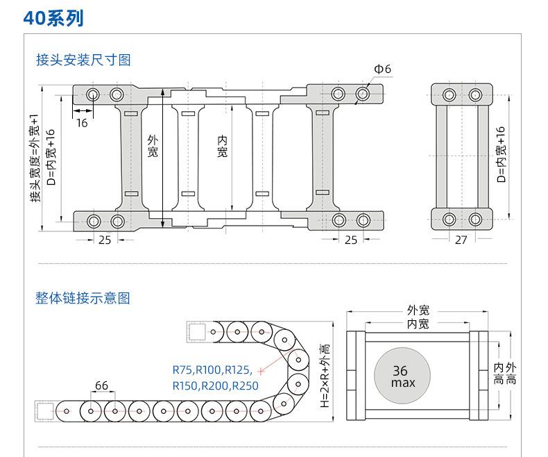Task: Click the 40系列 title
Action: [x=53, y=18]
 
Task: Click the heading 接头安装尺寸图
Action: [x=83, y=60]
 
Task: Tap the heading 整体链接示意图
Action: [x=83, y=299]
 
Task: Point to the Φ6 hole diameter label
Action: [x=382, y=69]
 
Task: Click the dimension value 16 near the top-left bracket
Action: [x=82, y=122]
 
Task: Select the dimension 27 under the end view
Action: [x=461, y=240]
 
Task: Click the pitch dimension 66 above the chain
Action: [x=101, y=385]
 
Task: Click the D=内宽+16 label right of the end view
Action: [x=501, y=154]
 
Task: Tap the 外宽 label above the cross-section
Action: [x=418, y=310]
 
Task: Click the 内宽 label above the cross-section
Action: [x=418, y=324]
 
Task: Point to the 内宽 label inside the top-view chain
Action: [x=222, y=147]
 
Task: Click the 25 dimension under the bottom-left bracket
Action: [x=105, y=240]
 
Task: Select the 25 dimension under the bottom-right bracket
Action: [x=351, y=240]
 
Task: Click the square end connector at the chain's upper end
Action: [x=197, y=331]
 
